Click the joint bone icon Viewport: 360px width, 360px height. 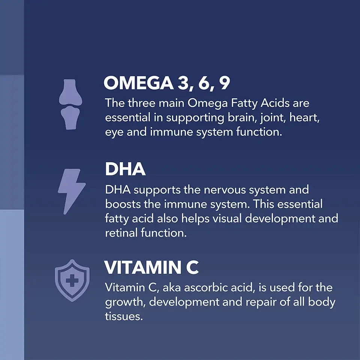coord(70,104)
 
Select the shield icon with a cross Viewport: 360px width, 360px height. coord(72,280)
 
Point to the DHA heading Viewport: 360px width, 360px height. coord(125,169)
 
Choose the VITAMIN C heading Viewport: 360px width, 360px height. coord(151,268)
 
